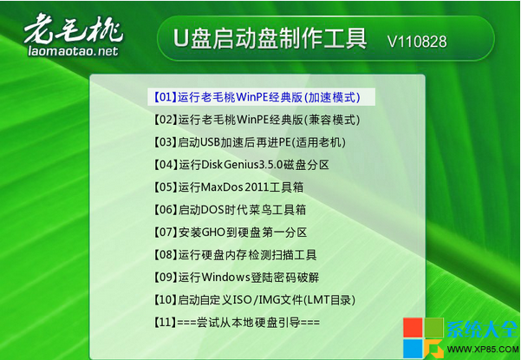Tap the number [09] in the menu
tap(164, 278)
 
